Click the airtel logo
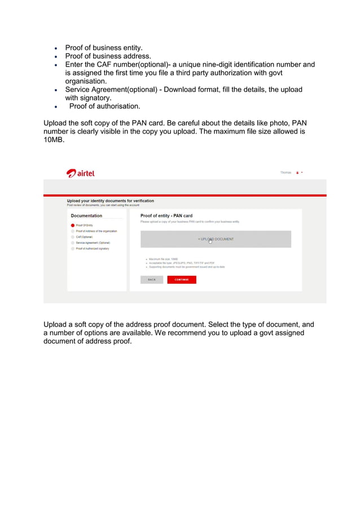80,173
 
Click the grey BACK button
152,279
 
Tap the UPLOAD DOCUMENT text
216,239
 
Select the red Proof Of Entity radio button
73,225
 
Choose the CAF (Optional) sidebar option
84,237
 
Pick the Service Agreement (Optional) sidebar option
93,243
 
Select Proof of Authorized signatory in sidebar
93,248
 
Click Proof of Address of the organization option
96,231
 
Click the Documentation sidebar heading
86,216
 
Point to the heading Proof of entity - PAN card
166,216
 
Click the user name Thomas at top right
286,173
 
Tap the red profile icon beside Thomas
297,173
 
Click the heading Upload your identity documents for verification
110,200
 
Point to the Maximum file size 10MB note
163,259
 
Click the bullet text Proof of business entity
104,47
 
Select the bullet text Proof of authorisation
105,106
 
